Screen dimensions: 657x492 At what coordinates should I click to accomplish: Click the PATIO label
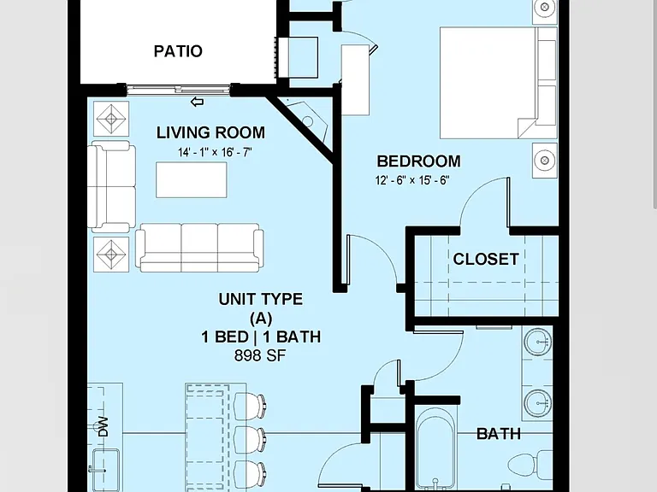178,51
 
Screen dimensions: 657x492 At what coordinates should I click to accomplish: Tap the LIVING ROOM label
210,132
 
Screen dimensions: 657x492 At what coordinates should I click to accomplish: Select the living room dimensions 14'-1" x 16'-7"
215,152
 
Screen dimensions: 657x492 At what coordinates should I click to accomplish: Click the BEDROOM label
418,161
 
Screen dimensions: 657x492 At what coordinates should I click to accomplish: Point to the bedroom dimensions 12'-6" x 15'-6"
412,180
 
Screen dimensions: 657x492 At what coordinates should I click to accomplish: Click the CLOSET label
486,259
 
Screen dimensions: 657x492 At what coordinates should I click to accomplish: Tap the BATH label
499,434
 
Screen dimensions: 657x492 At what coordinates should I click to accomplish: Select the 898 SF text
260,355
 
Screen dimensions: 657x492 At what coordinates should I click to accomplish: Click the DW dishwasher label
103,427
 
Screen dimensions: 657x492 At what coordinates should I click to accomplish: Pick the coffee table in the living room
192,180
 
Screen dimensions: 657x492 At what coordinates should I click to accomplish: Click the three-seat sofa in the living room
199,248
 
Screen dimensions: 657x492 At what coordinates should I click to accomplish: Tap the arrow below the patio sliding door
197,102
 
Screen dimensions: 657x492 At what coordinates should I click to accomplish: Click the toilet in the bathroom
530,466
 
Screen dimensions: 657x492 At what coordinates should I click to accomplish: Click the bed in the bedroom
499,83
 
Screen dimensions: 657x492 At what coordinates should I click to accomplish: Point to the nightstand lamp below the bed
545,161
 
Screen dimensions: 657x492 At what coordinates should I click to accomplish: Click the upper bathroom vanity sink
537,342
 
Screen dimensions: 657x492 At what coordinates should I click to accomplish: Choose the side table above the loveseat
111,119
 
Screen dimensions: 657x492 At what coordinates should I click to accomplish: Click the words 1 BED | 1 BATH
261,337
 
